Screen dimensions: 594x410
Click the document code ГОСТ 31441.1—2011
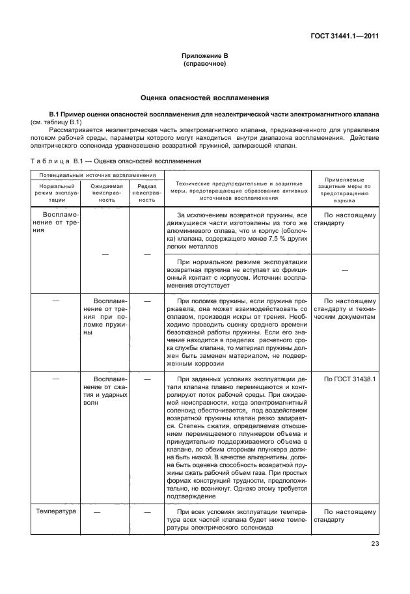344,36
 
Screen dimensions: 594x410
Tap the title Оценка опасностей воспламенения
204,98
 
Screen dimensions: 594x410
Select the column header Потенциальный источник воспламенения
92,176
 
